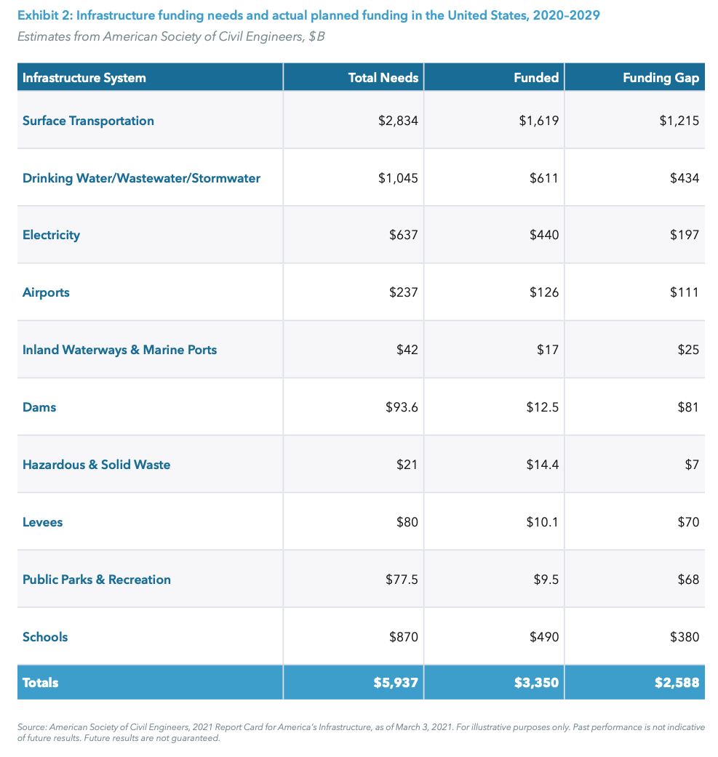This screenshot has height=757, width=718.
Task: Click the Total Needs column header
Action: [383, 78]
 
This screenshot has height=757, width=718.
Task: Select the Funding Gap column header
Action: [661, 78]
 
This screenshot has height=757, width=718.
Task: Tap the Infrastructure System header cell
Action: [84, 78]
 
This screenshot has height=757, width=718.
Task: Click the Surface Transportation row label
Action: [88, 121]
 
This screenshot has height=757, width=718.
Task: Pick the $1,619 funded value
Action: [538, 121]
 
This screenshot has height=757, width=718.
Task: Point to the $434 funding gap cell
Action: [684, 178]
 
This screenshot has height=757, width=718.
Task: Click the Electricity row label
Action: [51, 235]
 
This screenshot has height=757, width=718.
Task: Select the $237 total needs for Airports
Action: [403, 292]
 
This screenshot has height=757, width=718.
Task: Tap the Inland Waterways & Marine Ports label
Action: [119, 350]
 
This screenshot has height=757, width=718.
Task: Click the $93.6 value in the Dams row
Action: [402, 407]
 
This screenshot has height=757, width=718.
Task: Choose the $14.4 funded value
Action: [542, 465]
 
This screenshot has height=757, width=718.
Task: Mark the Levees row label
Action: [42, 522]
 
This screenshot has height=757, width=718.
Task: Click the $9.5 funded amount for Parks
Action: [546, 580]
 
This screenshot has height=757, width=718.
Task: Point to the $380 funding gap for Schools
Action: [684, 637]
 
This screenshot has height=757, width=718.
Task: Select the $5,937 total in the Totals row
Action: [397, 683]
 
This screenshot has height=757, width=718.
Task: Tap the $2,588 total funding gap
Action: [678, 683]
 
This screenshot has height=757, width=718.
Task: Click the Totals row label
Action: [41, 683]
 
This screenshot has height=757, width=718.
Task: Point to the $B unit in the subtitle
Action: [316, 36]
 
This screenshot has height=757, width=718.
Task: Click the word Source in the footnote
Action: [33, 727]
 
